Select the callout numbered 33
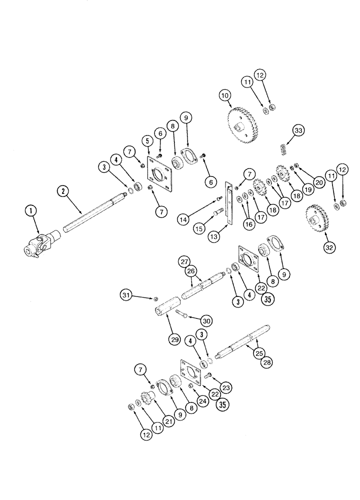[x=298, y=131]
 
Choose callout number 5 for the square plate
[x=146, y=142]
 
